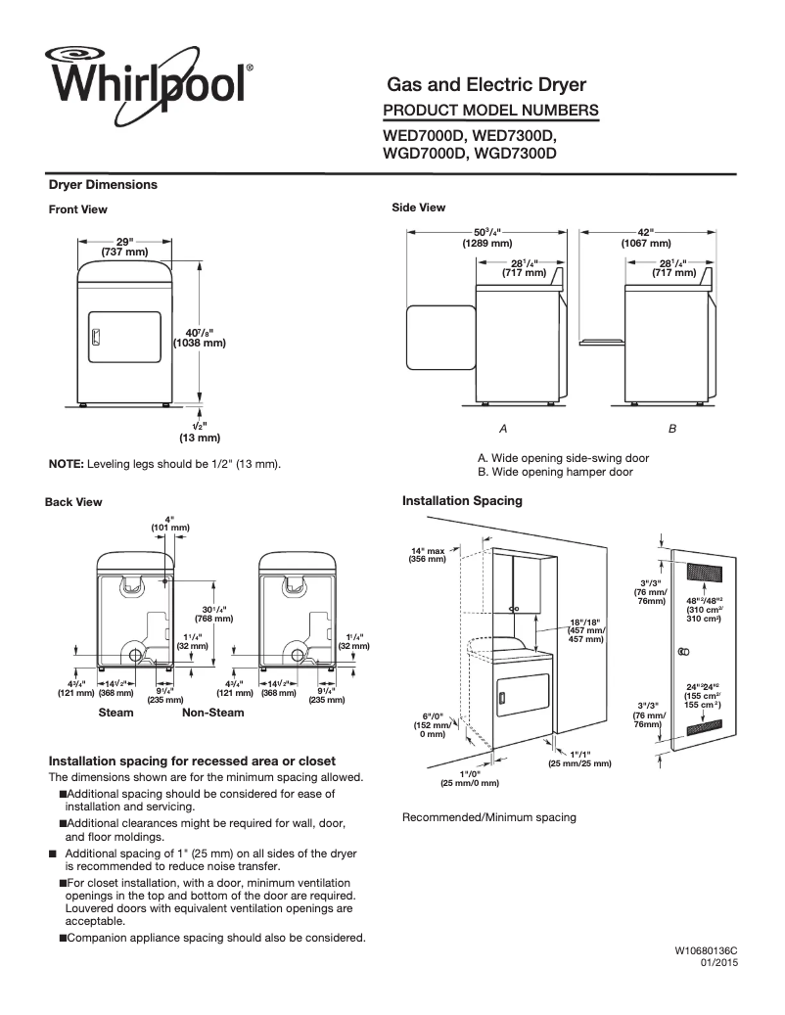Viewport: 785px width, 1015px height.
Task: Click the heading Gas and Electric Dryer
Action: [486, 85]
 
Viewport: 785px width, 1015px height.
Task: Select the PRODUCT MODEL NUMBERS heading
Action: [489, 110]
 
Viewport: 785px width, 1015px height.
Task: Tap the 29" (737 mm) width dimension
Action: [124, 247]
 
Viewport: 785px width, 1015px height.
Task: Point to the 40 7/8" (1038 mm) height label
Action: [200, 337]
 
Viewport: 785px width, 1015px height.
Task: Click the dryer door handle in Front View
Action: [95, 337]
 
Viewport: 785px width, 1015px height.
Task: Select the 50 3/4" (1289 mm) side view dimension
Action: [486, 238]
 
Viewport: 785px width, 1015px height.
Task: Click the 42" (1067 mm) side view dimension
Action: [646, 238]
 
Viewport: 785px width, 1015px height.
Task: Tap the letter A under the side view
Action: [503, 429]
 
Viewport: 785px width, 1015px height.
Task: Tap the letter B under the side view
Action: [672, 429]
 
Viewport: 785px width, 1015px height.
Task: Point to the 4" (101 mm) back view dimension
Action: [169, 523]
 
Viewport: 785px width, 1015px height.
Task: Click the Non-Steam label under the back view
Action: [212, 713]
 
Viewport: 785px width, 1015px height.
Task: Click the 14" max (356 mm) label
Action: [428, 555]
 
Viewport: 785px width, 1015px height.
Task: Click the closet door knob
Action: [683, 652]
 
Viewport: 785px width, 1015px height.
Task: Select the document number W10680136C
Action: [705, 950]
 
